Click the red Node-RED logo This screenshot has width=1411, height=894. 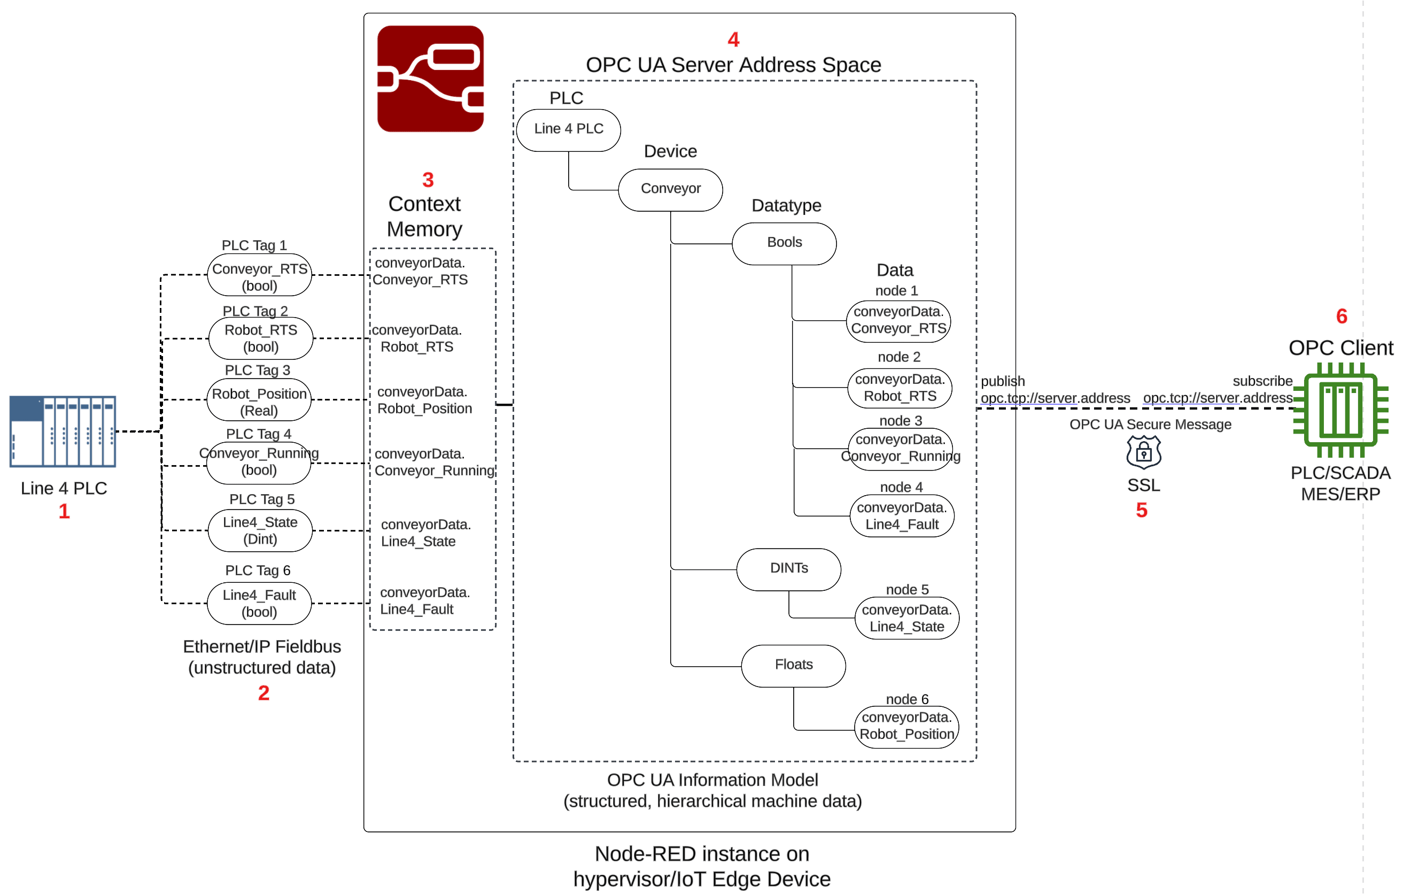point(430,79)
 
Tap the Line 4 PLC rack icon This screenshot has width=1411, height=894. point(63,431)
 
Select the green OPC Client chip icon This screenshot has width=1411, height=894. point(1340,410)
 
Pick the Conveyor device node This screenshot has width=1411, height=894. point(670,189)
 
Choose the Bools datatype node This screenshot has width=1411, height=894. point(784,243)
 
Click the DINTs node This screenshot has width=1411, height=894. point(789,569)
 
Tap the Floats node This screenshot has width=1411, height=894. point(793,665)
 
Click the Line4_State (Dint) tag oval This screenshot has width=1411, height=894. point(260,530)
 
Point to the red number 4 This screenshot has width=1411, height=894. point(733,40)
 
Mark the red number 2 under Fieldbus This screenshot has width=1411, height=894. point(263,693)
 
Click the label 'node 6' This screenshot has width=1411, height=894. point(907,699)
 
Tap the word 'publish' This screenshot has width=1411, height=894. point(1003,381)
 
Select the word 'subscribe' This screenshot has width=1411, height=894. point(1262,381)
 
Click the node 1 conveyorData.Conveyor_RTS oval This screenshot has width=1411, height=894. point(898,321)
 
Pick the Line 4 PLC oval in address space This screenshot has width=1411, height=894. point(568,129)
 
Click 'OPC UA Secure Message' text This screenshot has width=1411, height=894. point(1150,425)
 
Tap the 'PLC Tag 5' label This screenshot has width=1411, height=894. point(261,499)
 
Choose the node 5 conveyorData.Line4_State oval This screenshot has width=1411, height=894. point(906,618)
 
